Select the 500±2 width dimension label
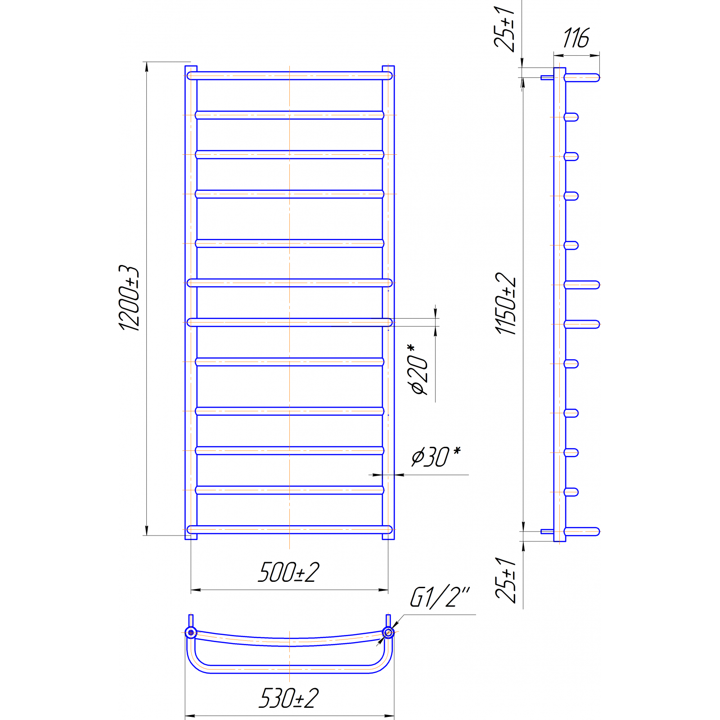288,572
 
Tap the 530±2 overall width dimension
288,698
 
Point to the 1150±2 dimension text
506,304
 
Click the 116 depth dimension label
576,38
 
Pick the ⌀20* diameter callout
418,369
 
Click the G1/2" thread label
440,597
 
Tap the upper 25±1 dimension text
504,29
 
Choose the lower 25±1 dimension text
506,580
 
